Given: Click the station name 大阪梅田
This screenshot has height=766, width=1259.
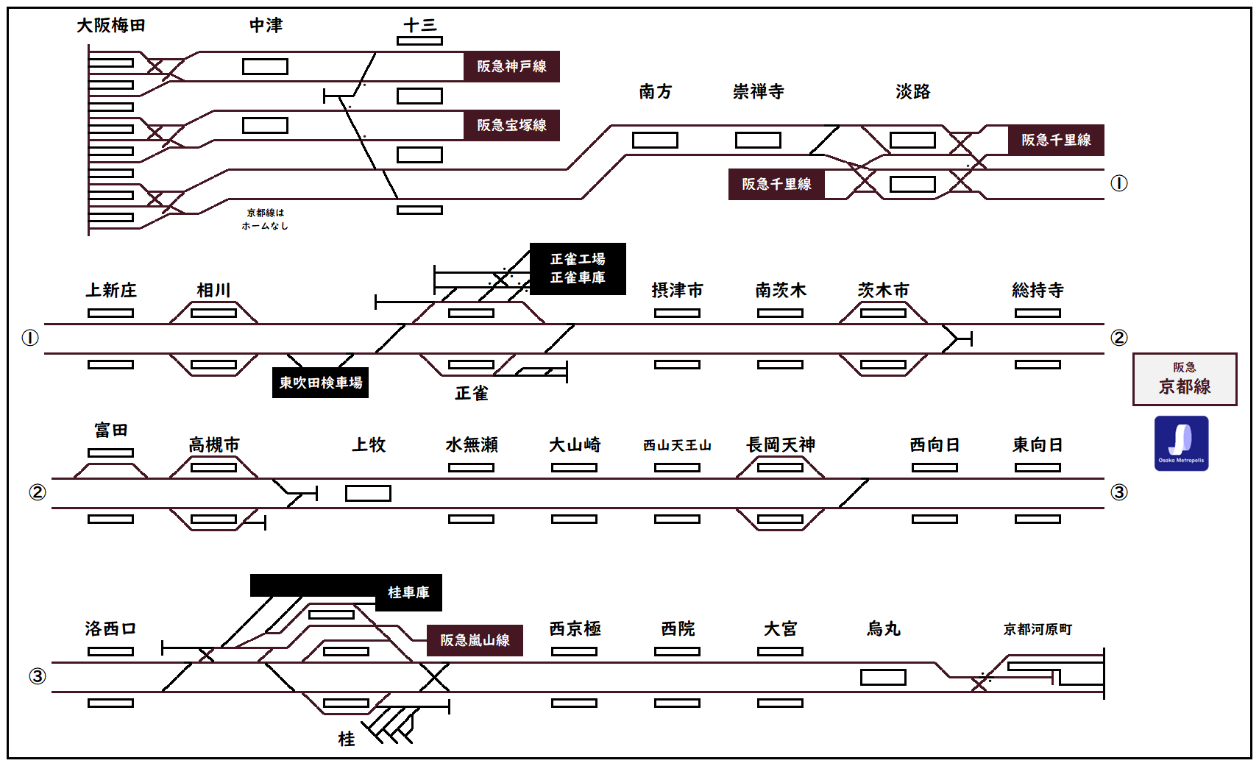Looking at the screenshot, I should [x=111, y=26].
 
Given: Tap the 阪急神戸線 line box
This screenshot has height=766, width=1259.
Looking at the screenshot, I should [x=511, y=66].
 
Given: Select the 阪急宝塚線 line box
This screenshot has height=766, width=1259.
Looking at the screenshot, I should [x=511, y=125].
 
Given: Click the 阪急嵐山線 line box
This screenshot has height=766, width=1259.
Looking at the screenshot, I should [x=475, y=640].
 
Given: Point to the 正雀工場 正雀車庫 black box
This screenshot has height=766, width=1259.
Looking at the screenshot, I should [x=578, y=269].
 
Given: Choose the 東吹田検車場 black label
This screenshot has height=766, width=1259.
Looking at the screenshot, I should [x=320, y=383].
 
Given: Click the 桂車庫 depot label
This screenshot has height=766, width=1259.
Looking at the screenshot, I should [x=408, y=592].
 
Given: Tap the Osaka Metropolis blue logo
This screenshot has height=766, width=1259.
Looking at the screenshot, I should [x=1181, y=443].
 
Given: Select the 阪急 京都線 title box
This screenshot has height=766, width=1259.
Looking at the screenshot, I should [x=1185, y=379].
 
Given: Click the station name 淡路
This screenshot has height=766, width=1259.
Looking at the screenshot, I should [x=913, y=92].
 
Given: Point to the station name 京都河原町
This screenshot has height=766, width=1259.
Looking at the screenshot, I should [x=1038, y=629].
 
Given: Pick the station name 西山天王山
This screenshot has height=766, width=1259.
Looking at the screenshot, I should [x=677, y=445].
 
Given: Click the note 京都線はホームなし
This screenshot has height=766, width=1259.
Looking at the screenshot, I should [x=265, y=219].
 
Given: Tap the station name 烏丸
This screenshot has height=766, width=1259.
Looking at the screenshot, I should [x=884, y=629].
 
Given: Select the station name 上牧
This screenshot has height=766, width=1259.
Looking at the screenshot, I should [x=369, y=445].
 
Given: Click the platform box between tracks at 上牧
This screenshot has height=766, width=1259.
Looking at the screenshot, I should [x=368, y=493].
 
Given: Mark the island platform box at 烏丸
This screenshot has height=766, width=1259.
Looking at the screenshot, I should [x=883, y=677].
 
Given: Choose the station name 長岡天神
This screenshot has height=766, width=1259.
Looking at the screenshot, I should [x=781, y=445].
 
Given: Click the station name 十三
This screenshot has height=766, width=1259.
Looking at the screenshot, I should [x=420, y=26].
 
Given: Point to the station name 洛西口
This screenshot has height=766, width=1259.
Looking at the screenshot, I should [x=110, y=629].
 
